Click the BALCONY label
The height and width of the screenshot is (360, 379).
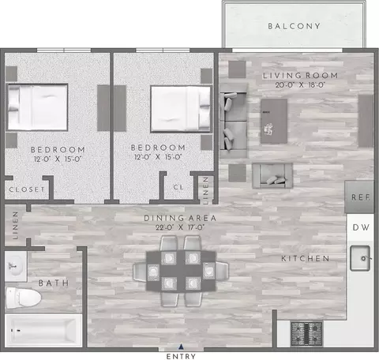pos(294,26)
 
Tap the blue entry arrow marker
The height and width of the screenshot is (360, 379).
pos(181,347)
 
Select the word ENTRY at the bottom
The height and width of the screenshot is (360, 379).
pos(181,356)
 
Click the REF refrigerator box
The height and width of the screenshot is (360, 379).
pos(359,197)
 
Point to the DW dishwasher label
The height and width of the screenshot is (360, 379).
pos(361,227)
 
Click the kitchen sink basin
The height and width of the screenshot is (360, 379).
pos(360,258)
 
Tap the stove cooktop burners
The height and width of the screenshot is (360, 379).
pos(306,334)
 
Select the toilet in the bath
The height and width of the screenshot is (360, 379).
pos(24,298)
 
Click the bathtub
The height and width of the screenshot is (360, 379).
pos(43,330)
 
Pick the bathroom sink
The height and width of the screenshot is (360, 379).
pos(16,266)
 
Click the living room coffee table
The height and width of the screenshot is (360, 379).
pos(274,121)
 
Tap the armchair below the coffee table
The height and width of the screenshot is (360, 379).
pos(272,176)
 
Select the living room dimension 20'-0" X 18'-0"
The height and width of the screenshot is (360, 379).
pos(300,85)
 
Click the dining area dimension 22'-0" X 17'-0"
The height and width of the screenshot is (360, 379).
pos(180,227)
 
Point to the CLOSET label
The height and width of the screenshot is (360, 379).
pos(27,189)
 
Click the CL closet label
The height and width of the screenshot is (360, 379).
pos(178,187)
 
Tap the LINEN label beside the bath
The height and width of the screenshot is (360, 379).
pos(16,225)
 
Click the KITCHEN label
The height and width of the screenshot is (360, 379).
pos(306,259)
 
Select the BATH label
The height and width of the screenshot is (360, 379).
pos(54,283)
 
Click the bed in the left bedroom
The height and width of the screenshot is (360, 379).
pos(37,107)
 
